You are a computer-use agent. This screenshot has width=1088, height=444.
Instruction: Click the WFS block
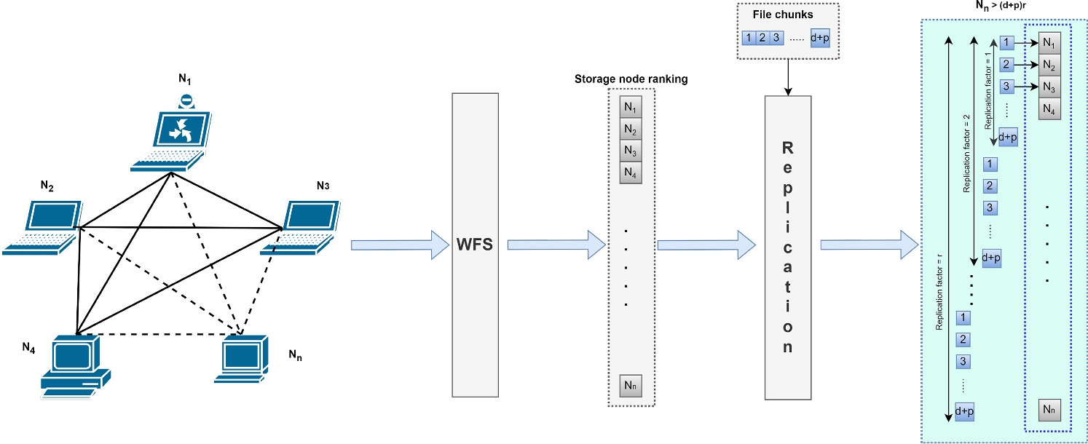click(475, 244)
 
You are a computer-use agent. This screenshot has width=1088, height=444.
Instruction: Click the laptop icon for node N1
click(172, 138)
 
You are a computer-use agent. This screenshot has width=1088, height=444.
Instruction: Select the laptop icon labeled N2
click(46, 227)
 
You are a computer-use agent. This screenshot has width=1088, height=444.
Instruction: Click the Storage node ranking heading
click(631, 79)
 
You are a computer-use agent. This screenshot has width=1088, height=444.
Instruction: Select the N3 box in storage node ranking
click(631, 151)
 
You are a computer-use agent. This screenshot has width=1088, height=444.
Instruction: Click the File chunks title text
click(787, 14)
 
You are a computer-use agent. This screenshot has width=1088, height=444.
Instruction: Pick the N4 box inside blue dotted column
click(1049, 109)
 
